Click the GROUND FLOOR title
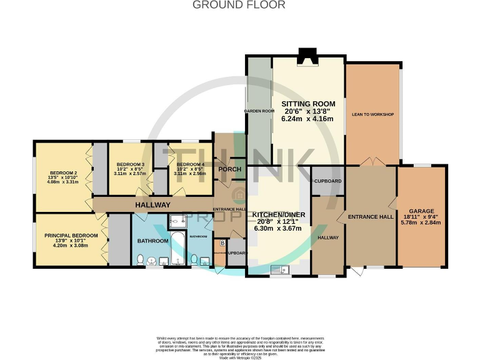click(x=239, y=5)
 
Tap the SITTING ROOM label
click(x=308, y=104)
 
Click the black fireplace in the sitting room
click(x=308, y=57)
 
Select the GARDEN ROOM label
click(x=259, y=111)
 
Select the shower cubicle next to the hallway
click(x=178, y=220)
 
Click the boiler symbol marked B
click(x=221, y=243)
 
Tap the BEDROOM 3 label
click(x=130, y=164)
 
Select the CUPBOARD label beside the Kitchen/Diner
click(x=327, y=181)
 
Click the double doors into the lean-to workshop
click(x=371, y=162)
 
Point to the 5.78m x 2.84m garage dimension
click(x=421, y=222)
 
